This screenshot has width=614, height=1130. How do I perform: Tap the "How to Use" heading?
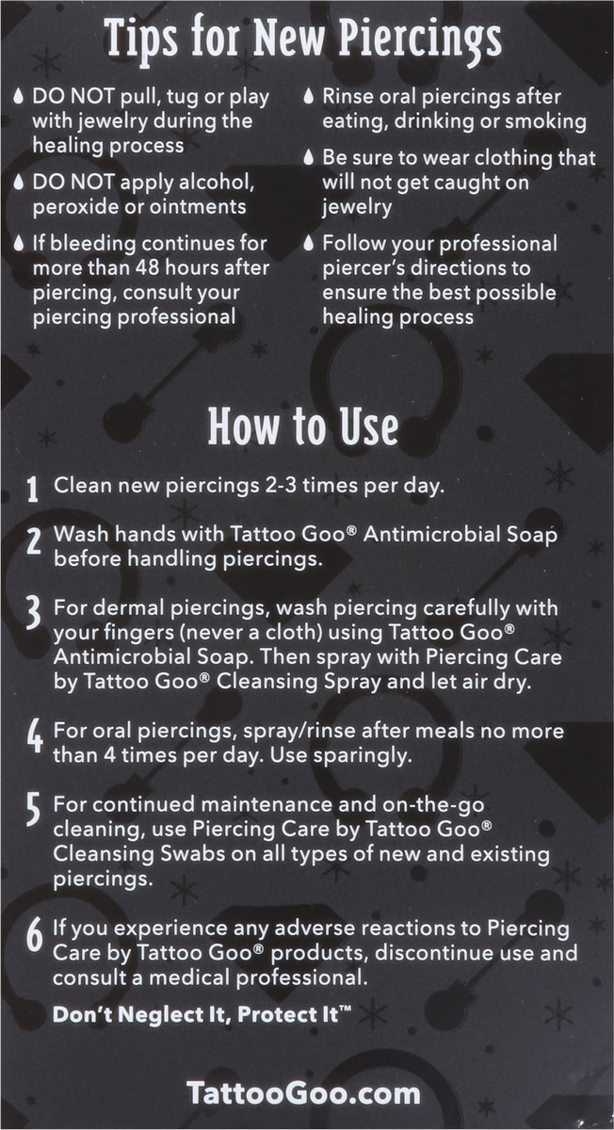pos(302,427)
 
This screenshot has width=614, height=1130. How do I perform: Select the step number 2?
pos(33,545)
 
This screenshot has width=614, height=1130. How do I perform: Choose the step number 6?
pos(33,938)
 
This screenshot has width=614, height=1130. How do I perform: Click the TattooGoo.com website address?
pos(302,1093)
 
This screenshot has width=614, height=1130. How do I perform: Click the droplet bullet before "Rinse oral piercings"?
pos(308,98)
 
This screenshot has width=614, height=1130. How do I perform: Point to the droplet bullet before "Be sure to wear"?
pos(308,159)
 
